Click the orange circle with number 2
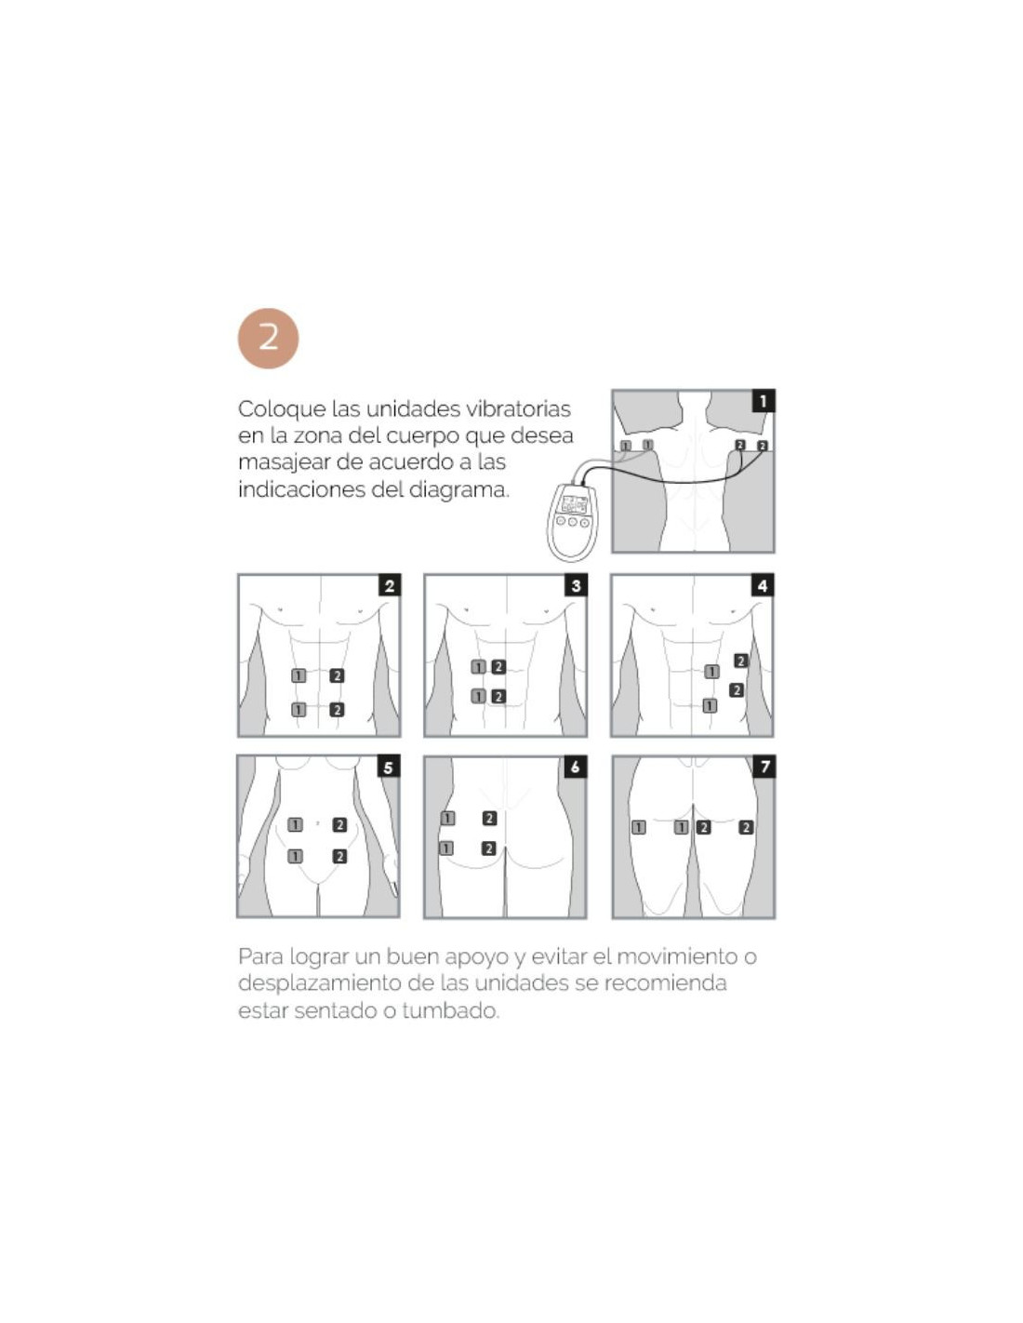tap(268, 338)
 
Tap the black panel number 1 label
tap(764, 401)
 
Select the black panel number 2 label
tap(390, 586)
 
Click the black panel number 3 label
tap(576, 586)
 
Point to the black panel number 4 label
tap(763, 586)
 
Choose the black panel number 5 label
tap(389, 768)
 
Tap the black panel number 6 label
tap(576, 768)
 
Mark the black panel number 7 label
tap(764, 768)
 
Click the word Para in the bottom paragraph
tap(260, 956)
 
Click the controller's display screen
tap(574, 504)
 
